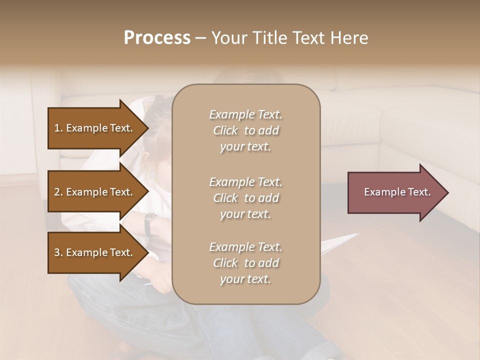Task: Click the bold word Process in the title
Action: pyautogui.click(x=157, y=38)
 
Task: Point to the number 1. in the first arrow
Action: pyautogui.click(x=58, y=128)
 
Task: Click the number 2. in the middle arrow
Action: pyautogui.click(x=58, y=192)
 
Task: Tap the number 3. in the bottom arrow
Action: pyautogui.click(x=58, y=252)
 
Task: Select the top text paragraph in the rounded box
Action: pyautogui.click(x=245, y=130)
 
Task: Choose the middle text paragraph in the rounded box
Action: pyautogui.click(x=245, y=198)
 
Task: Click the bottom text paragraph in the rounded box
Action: pyautogui.click(x=245, y=263)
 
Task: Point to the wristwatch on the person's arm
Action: pyautogui.click(x=149, y=223)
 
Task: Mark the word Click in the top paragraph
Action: pyautogui.click(x=225, y=130)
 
